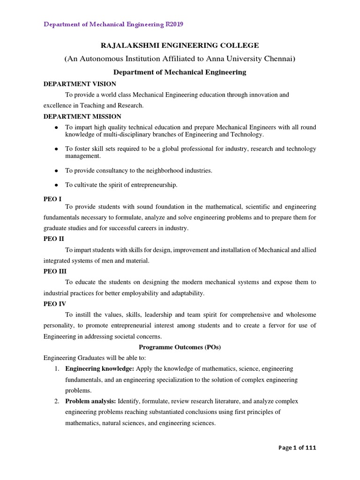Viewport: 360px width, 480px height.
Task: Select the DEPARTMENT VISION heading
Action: click(x=80, y=84)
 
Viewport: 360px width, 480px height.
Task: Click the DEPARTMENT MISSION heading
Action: click(x=82, y=116)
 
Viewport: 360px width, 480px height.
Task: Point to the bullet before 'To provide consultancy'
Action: click(x=56, y=171)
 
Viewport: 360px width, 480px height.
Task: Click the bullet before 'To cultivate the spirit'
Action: click(x=56, y=185)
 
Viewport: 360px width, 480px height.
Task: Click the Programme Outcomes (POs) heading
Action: click(x=180, y=347)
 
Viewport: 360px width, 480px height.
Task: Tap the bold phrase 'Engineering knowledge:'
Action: click(x=99, y=369)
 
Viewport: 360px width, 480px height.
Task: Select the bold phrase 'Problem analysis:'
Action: click(x=90, y=401)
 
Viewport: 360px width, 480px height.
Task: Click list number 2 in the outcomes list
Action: click(x=56, y=401)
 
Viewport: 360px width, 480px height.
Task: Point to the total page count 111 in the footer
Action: click(x=311, y=448)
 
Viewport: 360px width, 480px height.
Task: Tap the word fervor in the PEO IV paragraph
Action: click(x=282, y=326)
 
